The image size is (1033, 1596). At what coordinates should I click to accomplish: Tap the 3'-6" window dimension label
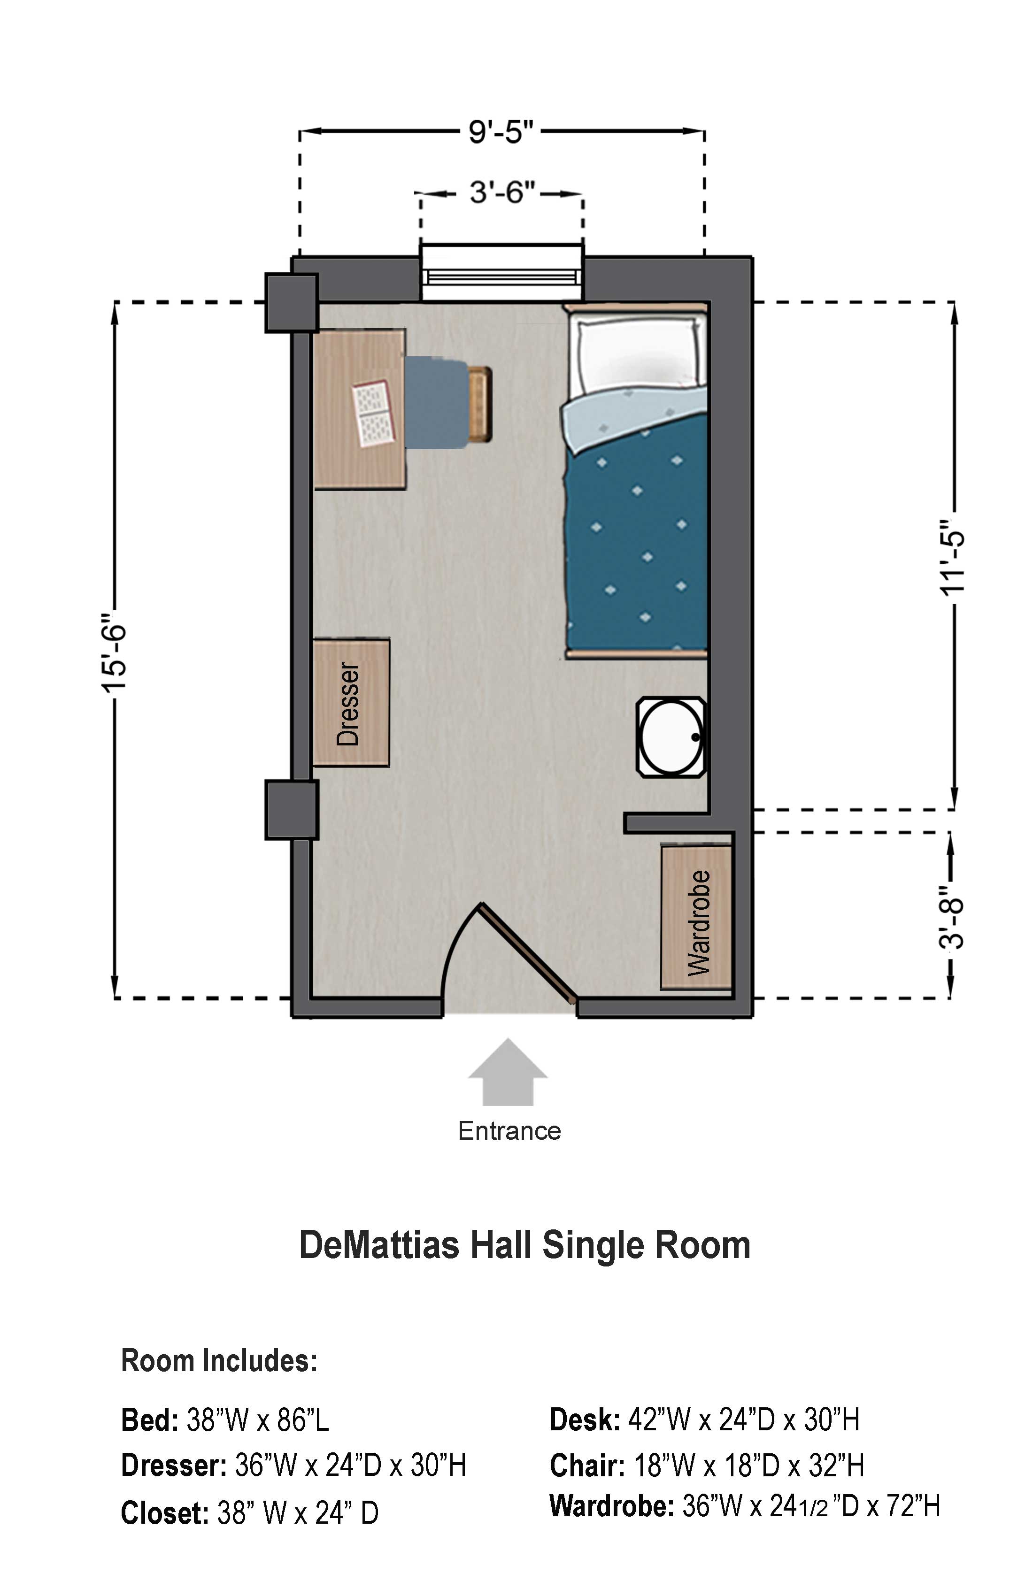click(x=502, y=192)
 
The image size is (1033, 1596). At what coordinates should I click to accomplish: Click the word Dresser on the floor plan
click(x=348, y=704)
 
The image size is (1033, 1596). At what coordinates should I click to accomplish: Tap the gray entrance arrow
click(x=508, y=1072)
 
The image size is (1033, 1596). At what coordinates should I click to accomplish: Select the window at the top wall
click(x=502, y=274)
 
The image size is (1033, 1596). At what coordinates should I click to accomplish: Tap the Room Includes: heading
click(x=219, y=1361)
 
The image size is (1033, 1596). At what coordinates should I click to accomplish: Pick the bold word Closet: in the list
click(x=164, y=1513)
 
